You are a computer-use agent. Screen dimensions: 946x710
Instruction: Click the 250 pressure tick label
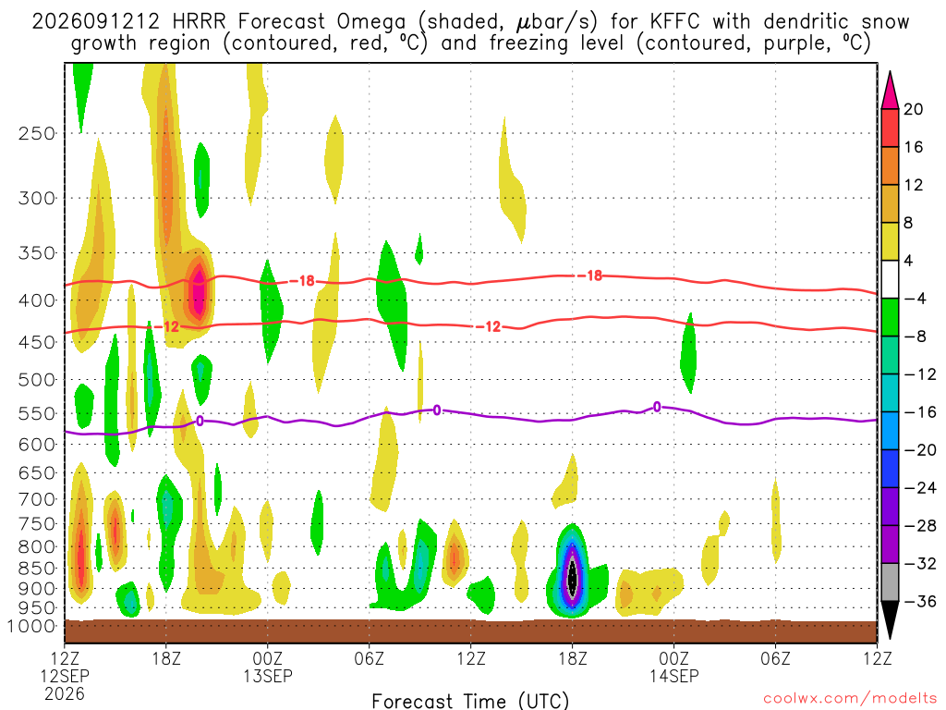[37, 133]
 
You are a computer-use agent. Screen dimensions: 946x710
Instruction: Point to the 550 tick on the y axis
[37, 414]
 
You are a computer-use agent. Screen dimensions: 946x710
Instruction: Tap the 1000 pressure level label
[31, 627]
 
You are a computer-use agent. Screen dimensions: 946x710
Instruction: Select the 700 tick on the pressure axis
[37, 499]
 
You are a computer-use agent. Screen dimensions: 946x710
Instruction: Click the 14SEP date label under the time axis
[673, 676]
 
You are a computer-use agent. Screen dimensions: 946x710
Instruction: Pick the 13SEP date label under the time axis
[268, 676]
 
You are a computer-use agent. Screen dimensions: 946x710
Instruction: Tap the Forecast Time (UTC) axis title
[470, 701]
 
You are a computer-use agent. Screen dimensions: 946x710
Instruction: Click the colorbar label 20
[913, 109]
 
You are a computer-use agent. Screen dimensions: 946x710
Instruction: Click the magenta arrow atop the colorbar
[890, 90]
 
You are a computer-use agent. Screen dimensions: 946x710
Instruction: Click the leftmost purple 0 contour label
[200, 421]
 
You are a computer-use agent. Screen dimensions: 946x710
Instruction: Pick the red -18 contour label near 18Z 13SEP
[590, 275]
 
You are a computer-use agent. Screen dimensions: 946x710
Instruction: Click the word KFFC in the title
[674, 22]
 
